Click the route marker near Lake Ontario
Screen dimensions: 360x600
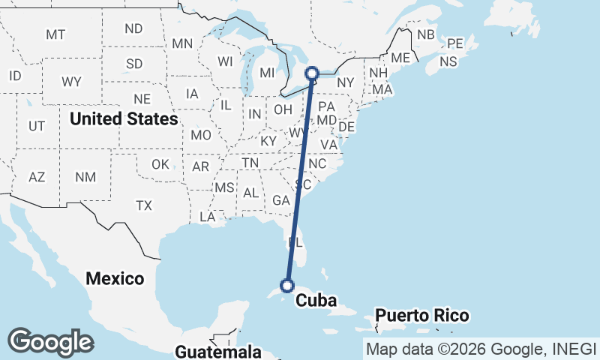313,73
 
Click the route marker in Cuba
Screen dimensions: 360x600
286,284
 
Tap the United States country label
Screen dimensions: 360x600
124,118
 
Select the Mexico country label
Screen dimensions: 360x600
115,278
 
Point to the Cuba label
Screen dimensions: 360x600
315,301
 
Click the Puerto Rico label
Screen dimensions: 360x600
422,315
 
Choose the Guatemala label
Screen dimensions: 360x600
218,351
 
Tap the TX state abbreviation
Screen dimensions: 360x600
144,205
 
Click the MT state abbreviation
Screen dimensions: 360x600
55,34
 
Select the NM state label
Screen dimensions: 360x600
85,177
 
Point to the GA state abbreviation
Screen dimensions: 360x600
281,200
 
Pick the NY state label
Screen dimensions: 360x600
345,82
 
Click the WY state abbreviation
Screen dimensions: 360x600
72,81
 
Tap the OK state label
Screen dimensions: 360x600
160,164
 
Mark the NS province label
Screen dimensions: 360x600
449,61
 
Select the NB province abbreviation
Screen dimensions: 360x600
426,34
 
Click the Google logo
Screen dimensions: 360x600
50,341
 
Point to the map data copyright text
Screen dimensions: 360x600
480,349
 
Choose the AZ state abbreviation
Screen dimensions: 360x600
37,177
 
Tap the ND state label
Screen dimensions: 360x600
134,28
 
